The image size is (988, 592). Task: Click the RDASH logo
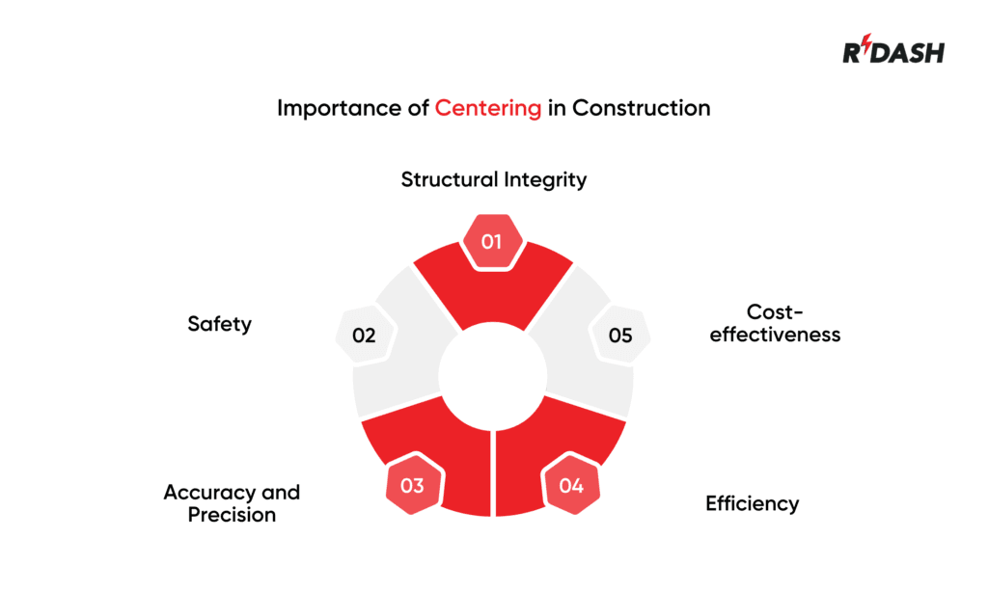click(893, 52)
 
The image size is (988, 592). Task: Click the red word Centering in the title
click(487, 108)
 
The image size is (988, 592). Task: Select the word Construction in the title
click(641, 108)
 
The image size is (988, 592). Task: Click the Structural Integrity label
click(493, 179)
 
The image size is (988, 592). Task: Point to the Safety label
click(219, 324)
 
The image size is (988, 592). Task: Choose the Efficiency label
click(752, 503)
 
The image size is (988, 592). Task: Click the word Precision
click(232, 515)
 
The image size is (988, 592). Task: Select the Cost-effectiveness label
click(775, 324)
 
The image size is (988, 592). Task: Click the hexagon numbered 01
click(492, 241)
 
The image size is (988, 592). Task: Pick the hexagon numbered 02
click(364, 336)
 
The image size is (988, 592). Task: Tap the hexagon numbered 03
click(412, 485)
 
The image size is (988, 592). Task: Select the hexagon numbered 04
click(571, 485)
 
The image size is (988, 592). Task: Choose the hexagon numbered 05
click(620, 336)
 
